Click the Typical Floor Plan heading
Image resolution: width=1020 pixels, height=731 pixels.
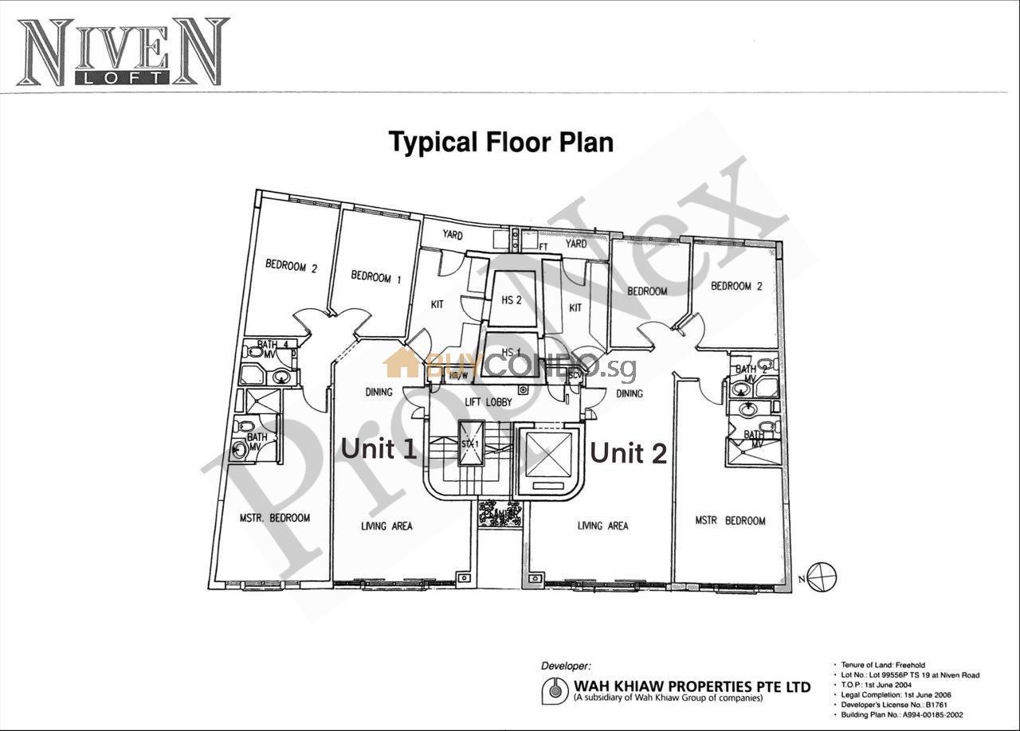(x=501, y=143)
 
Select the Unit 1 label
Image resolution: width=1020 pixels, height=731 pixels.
(x=379, y=448)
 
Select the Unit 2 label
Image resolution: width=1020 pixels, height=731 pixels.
(x=628, y=453)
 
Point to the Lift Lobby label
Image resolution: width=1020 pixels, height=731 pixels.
(x=488, y=402)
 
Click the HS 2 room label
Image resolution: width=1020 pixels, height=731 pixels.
(x=512, y=299)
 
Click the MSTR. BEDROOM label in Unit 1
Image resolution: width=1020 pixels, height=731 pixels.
(x=274, y=518)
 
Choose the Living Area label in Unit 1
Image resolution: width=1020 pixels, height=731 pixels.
(x=386, y=526)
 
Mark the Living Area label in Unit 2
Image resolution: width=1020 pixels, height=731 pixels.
(x=602, y=526)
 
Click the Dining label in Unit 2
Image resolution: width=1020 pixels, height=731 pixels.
(x=630, y=393)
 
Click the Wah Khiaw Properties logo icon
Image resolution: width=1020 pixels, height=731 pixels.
(x=555, y=690)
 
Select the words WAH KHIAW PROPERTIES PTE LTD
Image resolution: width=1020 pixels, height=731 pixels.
(x=692, y=686)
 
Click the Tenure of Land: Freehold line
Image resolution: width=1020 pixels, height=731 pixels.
(x=885, y=665)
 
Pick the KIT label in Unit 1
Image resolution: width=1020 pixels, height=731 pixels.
(x=437, y=304)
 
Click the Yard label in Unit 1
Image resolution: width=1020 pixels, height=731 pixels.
(x=453, y=235)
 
